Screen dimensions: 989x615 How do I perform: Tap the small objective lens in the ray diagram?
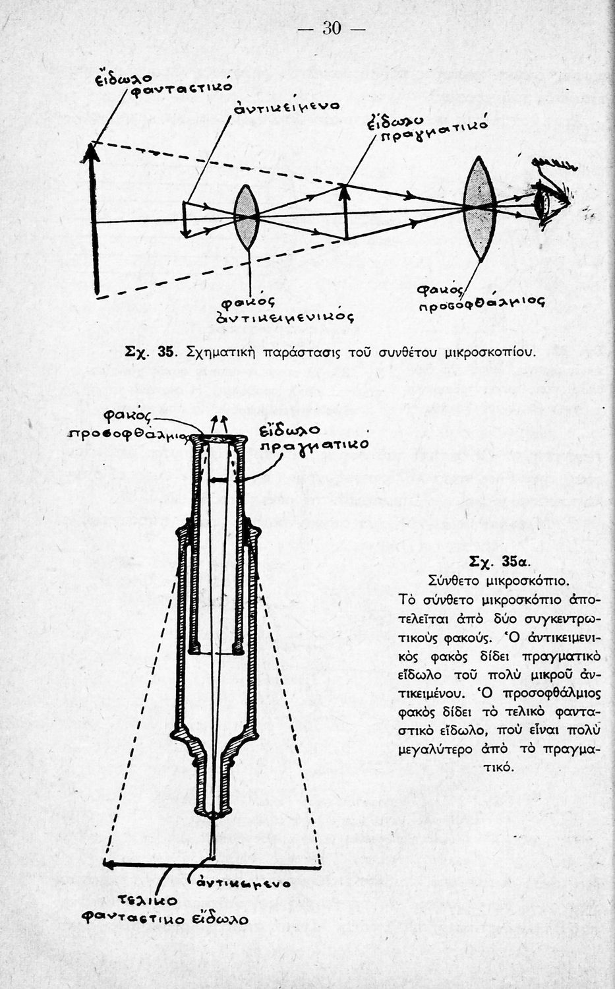point(247,217)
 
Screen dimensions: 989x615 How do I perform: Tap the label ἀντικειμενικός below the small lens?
point(285,318)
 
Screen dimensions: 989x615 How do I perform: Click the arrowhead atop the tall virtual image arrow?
point(92,152)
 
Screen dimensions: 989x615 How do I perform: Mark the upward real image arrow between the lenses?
point(345,211)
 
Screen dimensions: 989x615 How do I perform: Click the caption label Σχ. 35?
point(150,351)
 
